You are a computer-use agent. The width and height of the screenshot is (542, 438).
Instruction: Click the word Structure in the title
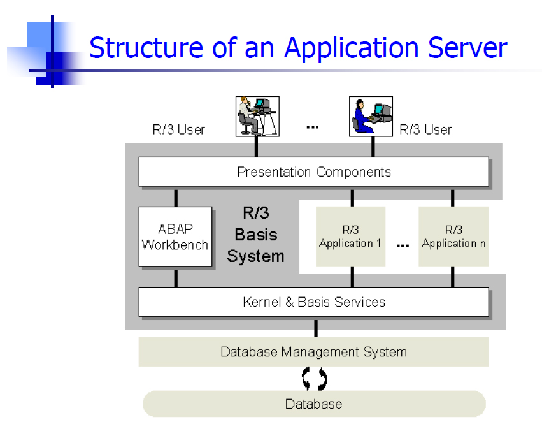coord(146,47)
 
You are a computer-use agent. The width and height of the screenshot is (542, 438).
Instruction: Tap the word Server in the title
coord(467,47)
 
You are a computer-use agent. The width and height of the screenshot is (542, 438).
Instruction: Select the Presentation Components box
coord(314,172)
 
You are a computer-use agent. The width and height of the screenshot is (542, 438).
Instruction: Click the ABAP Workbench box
coord(175,237)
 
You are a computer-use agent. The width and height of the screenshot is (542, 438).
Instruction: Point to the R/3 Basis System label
coord(256,235)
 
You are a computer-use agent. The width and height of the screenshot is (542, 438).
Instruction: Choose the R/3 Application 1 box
coord(350,237)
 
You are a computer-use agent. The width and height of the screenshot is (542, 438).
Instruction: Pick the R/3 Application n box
coord(453,237)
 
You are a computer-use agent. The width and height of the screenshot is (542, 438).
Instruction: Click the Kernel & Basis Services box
coord(314,302)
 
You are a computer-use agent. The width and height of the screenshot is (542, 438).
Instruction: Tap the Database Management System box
coord(314,351)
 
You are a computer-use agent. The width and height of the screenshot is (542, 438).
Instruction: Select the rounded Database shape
coord(314,404)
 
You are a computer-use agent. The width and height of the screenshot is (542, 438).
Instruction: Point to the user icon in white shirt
coord(257,117)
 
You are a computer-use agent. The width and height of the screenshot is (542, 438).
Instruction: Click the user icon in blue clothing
coord(371,117)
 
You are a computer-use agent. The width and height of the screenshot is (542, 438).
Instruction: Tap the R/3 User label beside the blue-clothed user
coord(425,129)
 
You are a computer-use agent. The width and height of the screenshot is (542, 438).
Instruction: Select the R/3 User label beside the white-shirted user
coord(179,129)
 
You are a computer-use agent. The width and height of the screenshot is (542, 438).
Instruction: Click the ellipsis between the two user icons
coord(313,128)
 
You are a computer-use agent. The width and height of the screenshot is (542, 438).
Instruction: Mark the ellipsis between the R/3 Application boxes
coord(403,245)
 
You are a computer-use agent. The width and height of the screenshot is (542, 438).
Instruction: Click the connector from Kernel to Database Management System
coord(316,328)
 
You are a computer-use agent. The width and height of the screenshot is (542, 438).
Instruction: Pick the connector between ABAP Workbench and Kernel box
coord(176,279)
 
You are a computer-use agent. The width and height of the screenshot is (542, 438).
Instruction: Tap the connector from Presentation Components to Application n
coord(452,198)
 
